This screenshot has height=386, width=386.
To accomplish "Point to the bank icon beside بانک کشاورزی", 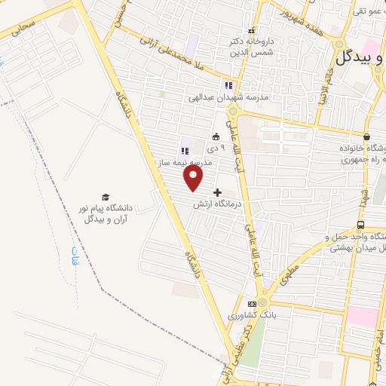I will tap(252, 303).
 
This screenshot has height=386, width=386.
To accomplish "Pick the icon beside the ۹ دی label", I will tap(216, 137).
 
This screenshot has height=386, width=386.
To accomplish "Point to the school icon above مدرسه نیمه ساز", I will tap(185, 150).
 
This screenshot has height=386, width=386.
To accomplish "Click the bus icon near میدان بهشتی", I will tap(361, 225).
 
